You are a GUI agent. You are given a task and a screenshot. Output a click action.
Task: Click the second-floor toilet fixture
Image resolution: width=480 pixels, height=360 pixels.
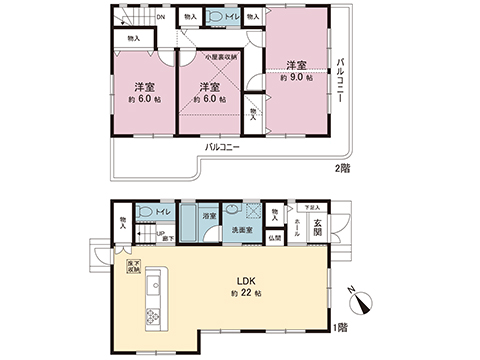click(216, 17)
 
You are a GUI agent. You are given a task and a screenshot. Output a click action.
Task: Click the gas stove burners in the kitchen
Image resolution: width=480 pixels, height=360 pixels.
click(155, 318)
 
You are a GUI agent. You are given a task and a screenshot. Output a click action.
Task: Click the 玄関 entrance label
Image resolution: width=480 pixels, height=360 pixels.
click(318, 223)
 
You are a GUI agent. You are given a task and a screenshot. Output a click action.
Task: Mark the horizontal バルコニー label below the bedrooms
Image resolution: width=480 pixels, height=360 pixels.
click(222, 146)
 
